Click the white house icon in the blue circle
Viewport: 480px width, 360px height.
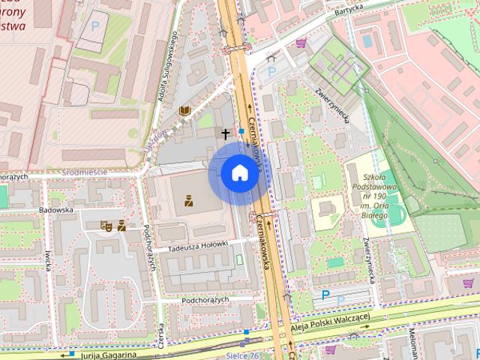click(239, 173)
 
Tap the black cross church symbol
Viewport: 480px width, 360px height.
click(225, 134)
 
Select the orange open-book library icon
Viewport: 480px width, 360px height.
click(184, 112)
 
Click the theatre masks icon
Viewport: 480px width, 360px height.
click(106, 224)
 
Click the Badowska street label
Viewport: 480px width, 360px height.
click(56, 211)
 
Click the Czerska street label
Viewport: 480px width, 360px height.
click(161, 334)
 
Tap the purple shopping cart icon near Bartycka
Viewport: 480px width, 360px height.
click(301, 43)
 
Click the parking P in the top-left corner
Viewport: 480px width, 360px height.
click(94, 25)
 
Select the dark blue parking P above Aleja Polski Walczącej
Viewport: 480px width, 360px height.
click(325, 295)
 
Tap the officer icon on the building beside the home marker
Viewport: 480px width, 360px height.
click(189, 200)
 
